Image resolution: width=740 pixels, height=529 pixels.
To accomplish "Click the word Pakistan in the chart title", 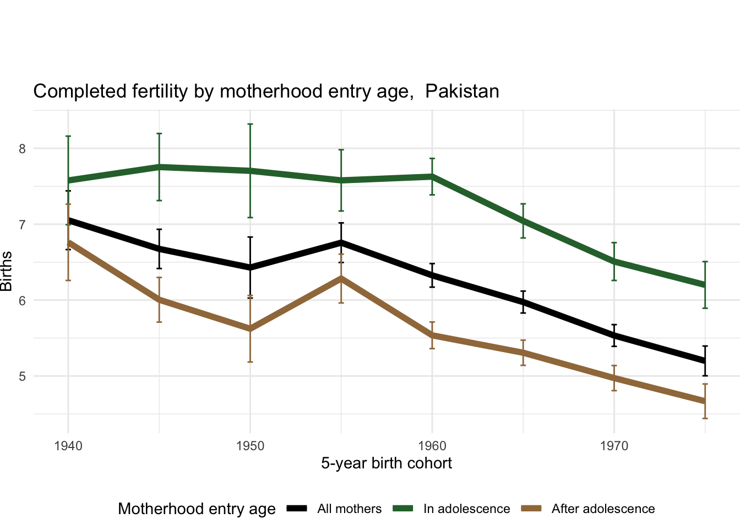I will pos(462,91).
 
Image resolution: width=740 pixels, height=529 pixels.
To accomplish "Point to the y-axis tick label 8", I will pos(23,149).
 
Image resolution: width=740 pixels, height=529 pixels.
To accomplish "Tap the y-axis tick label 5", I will pos(23,376).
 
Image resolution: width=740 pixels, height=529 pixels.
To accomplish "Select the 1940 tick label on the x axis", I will pos(68,445).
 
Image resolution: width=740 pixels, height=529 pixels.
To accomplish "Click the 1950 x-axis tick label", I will pos(250,445).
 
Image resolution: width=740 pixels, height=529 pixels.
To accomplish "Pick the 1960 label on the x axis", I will pos(432,445).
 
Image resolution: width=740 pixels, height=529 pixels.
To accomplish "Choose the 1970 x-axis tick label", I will pos(614,445).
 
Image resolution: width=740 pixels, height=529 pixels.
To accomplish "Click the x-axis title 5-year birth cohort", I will pos(387,463).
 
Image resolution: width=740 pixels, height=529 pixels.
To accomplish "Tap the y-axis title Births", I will pos(7,271).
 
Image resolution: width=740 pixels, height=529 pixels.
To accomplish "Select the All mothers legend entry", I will pos(349,509).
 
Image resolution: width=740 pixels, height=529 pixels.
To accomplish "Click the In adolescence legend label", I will pos(466,509).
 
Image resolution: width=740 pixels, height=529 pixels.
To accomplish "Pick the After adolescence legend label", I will pos(603,509).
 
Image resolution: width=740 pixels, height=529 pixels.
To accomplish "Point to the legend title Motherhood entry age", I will pos(197,509).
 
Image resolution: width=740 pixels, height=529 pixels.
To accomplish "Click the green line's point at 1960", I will pos(432,176).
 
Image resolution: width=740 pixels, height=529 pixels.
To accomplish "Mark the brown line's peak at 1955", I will pos(341,278).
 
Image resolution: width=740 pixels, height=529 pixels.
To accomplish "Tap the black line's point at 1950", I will pos(250,268).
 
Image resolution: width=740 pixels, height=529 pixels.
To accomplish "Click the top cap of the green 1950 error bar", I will pos(250,124).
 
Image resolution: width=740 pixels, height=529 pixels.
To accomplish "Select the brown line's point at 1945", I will pos(159,299).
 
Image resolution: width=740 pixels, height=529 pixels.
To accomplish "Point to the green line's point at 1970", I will pos(614,261).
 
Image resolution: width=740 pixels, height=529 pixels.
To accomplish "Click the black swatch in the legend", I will pos(296,509).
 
